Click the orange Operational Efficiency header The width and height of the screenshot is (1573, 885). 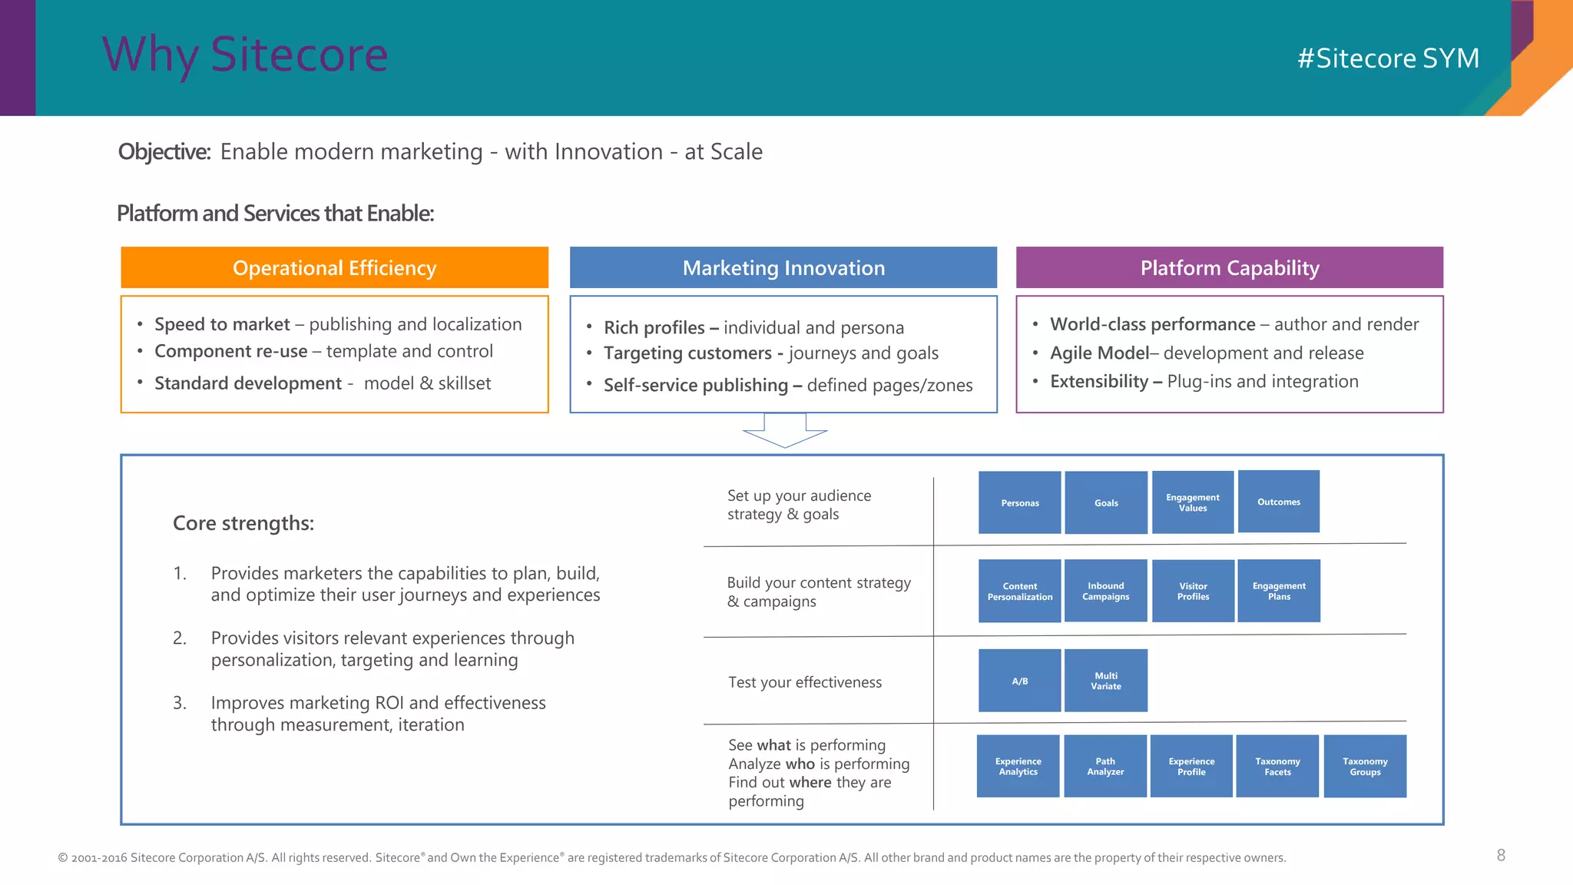pos(334,267)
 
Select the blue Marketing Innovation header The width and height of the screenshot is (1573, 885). pos(783,267)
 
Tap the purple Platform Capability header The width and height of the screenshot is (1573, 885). pos(1229,267)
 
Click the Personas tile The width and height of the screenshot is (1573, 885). pos(1019,502)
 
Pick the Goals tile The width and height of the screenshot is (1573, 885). pos(1106,502)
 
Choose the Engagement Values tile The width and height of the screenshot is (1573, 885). pos(1192,502)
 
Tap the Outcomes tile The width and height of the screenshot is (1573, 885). pos(1279,502)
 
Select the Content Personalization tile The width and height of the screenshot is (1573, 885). pos(1019,591)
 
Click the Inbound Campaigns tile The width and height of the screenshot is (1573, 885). pos(1105,591)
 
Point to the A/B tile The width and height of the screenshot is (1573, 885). pos(1019,681)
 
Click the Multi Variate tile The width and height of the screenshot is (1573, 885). pos(1105,681)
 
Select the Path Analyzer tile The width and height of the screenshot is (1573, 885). pos(1104,766)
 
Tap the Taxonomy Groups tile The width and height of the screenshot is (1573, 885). pos(1365,766)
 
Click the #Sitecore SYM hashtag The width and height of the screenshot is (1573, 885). pos(1388,58)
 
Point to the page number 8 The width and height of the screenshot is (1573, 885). pos(1501,855)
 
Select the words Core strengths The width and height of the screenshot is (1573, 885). pos(243,523)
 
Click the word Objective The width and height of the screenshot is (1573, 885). pos(164,151)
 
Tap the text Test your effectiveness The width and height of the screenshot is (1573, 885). pos(804,682)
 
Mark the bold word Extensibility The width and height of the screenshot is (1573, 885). pos(1098,381)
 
